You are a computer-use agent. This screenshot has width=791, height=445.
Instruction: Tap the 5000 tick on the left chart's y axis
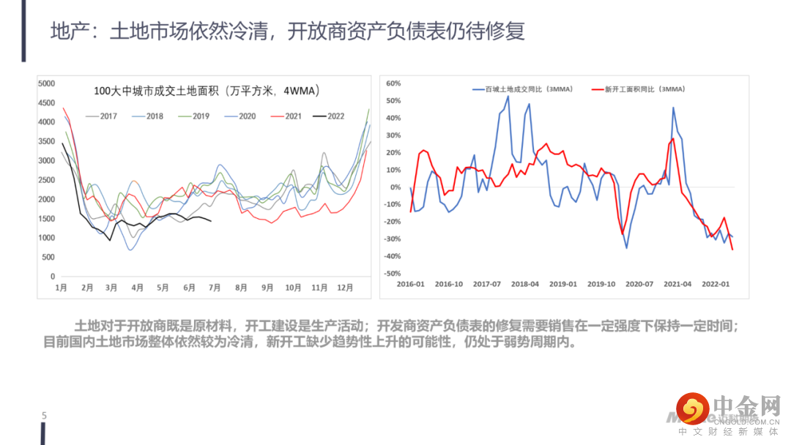click(x=46, y=83)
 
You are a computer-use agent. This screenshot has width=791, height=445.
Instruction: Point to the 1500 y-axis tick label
click(x=46, y=219)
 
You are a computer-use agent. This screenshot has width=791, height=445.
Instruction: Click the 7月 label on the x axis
click(x=215, y=288)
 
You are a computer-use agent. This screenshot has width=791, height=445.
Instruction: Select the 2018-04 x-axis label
click(x=524, y=284)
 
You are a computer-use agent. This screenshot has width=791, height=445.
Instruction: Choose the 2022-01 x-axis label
click(x=716, y=284)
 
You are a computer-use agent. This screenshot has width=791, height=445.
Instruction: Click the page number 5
click(x=44, y=416)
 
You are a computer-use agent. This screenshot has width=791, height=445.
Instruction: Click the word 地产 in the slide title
click(x=64, y=31)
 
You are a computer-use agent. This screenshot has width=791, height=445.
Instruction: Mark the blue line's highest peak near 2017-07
click(x=508, y=96)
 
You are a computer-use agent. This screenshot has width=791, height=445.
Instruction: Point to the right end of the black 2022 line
click(x=212, y=220)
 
